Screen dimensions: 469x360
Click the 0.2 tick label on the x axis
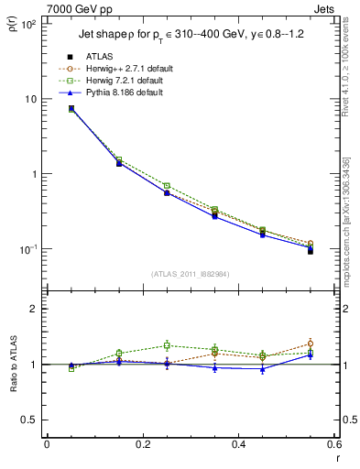click(x=142, y=445)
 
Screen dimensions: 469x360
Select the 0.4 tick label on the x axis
click(x=238, y=445)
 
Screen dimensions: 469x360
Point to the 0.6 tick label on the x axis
click(x=333, y=445)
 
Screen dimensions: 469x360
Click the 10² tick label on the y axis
click(x=29, y=24)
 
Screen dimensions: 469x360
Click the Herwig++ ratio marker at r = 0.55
click(x=311, y=344)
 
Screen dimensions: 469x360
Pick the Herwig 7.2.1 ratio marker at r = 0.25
click(x=167, y=345)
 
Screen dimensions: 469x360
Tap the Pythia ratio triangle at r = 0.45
click(x=263, y=369)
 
